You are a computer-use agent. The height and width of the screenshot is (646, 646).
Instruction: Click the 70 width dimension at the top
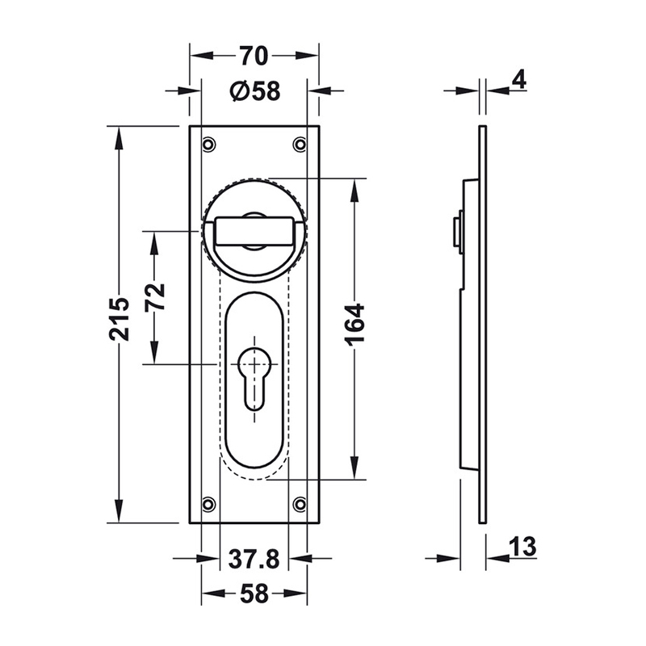tap(254, 56)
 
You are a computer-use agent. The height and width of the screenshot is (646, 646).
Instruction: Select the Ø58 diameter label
tap(255, 90)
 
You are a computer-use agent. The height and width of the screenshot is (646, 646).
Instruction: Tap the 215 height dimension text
tap(120, 318)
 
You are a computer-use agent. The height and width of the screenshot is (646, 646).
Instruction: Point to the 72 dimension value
tap(155, 296)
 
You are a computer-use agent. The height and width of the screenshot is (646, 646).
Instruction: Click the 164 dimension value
tap(354, 325)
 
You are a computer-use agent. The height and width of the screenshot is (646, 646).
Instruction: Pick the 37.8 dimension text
tap(254, 559)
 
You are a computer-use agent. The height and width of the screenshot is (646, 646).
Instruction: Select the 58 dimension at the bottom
tap(254, 594)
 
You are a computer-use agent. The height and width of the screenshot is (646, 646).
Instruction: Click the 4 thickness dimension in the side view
tap(520, 79)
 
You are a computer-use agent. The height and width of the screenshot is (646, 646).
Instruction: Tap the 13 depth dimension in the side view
tap(522, 547)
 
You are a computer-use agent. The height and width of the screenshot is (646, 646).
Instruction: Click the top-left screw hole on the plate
tap(209, 145)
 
